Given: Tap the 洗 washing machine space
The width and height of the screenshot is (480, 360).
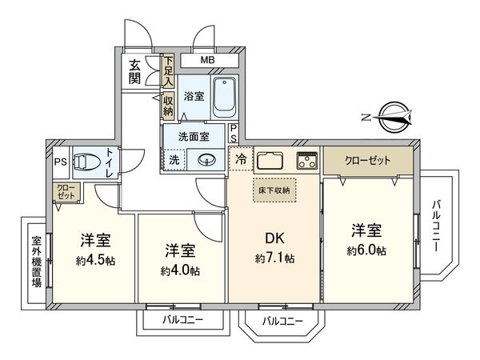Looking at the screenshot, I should coord(174,160).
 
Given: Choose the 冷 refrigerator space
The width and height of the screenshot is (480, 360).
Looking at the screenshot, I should coord(240,158).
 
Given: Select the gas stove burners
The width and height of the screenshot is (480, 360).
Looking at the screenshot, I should coord(307,159).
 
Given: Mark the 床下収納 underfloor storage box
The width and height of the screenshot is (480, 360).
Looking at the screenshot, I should coord(274,190).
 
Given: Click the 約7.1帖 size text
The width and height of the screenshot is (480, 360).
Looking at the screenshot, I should coord(274,258).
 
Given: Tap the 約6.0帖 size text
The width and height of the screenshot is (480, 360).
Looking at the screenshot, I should coord(367,250).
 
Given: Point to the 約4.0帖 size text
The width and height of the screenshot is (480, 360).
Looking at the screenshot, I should coord(180,270).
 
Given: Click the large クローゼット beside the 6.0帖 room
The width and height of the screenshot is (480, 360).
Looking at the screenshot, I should coord(368,160).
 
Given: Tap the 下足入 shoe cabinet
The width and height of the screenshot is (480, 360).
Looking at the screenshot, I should coord(168,70).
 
